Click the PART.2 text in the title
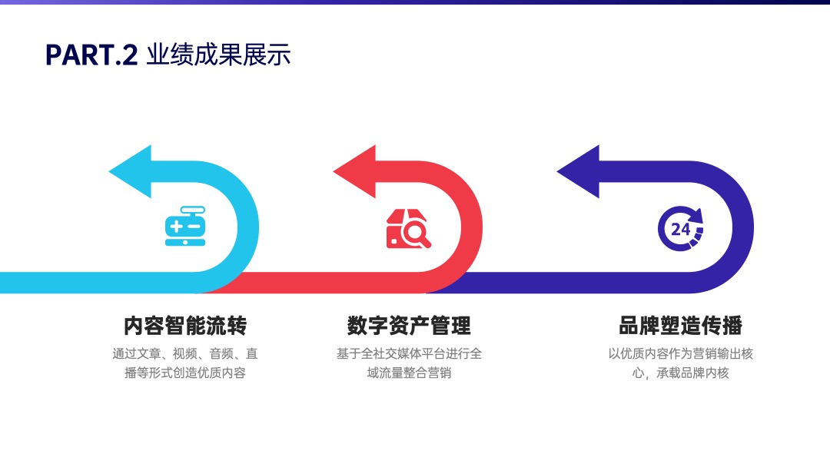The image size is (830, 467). [x=91, y=55]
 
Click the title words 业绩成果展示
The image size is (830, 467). [x=218, y=55]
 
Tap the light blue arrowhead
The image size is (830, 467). [x=130, y=171]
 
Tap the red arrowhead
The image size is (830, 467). [x=354, y=171]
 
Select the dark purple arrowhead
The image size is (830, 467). [x=579, y=171]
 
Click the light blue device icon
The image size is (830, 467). [x=185, y=227]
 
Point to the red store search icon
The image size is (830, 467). [x=408, y=228]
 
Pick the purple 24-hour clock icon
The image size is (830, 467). [x=681, y=228]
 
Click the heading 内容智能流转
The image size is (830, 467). [x=185, y=326]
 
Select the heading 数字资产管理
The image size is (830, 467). [x=409, y=326]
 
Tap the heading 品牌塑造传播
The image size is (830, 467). [x=681, y=326]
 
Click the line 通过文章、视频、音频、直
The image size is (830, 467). [x=185, y=353]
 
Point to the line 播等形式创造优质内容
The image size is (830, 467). [x=185, y=373]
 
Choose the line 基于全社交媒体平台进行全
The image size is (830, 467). [x=409, y=353]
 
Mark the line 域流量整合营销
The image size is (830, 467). [x=409, y=373]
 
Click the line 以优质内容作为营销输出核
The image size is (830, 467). [x=681, y=353]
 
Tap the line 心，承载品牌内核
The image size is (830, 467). [x=681, y=373]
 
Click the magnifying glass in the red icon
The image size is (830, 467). [x=416, y=233]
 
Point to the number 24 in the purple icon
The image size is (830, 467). [x=680, y=229]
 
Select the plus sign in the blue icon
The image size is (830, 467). [x=176, y=227]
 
